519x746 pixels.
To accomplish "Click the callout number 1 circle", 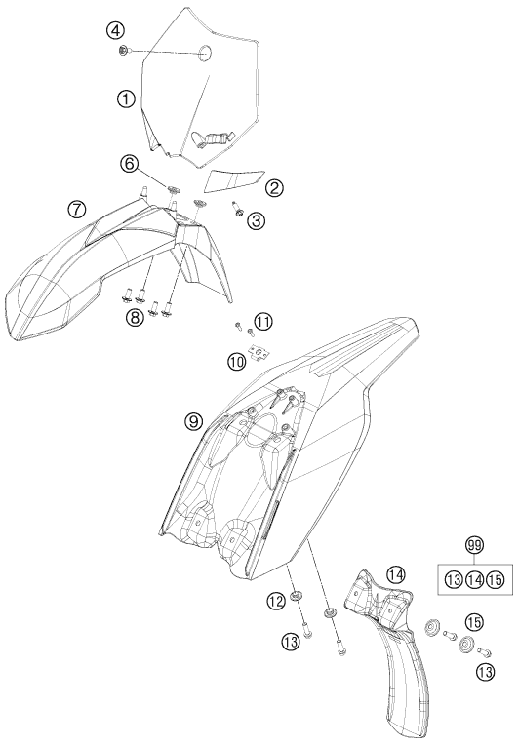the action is [126, 98].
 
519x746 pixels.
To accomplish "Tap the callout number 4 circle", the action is [114, 31].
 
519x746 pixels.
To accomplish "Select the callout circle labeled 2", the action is [274, 188].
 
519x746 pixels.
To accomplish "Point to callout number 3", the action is [257, 220].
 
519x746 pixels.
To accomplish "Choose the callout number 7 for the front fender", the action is [77, 209].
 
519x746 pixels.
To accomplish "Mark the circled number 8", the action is [135, 317].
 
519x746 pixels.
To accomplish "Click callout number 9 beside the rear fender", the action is [194, 421].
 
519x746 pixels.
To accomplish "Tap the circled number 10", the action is [237, 362].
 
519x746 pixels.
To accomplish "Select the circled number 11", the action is [262, 322].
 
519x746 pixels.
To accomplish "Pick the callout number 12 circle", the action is [276, 602].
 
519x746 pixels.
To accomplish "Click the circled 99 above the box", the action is [474, 547].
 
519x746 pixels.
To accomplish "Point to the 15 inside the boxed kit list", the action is [496, 579].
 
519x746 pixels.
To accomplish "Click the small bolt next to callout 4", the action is [124, 50].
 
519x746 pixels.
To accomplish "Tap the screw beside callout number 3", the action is [237, 208].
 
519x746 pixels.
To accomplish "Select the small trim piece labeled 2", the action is [234, 179].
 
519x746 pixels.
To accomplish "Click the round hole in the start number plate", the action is [206, 52].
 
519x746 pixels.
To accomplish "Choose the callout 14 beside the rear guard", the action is [395, 574].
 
